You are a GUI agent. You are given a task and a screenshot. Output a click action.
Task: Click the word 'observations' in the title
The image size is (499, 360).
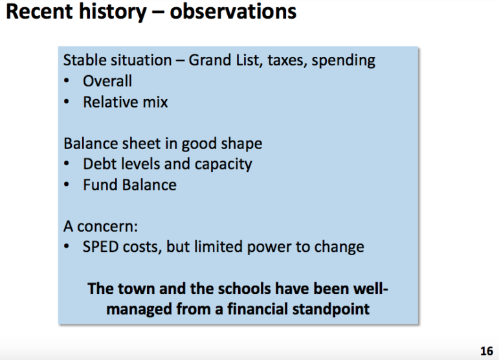coord(233,12)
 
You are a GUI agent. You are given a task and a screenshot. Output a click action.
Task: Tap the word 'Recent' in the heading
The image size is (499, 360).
coord(39,12)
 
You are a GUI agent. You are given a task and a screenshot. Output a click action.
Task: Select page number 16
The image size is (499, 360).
coord(487,351)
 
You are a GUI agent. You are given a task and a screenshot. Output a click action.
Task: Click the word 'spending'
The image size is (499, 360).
coord(344,61)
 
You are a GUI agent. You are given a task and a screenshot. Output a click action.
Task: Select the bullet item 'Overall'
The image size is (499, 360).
coord(107,81)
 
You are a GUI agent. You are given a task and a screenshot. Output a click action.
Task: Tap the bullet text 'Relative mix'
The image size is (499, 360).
coord(126,102)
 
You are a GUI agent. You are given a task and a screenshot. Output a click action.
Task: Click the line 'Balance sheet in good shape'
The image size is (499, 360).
coord(163,144)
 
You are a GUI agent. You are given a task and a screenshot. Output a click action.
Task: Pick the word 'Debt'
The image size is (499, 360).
coord(98,164)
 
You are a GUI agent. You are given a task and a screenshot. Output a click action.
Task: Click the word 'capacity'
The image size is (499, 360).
coord(223,165)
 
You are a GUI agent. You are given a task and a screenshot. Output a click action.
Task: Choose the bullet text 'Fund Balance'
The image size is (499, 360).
coord(130,185)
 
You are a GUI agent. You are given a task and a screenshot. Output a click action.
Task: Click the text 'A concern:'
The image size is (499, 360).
coord(100,227)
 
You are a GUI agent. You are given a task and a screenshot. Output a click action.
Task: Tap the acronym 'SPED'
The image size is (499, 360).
coord(100,247)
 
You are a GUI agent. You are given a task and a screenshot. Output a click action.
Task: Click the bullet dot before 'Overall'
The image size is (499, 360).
coord(67,81)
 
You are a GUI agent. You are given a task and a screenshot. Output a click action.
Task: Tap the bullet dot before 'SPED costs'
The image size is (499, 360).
coord(67,247)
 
